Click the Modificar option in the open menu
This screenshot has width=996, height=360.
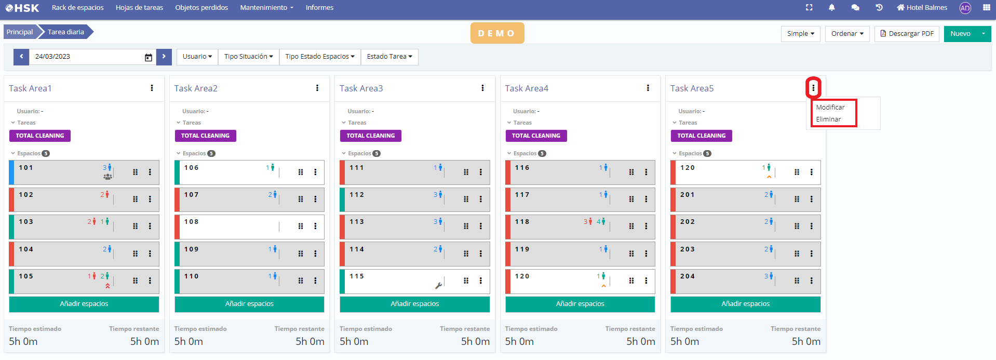coord(830,108)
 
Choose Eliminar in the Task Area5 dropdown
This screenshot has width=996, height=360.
coord(828,119)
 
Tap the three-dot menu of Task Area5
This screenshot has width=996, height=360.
coord(813,88)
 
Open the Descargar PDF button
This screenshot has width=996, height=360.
coord(907,34)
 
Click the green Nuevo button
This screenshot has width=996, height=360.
coord(960,34)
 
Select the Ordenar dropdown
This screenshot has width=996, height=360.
coord(847,34)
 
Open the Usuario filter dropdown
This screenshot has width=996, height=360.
coord(197,57)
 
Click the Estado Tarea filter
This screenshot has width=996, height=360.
coord(389,57)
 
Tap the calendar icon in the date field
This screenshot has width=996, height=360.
coord(149,57)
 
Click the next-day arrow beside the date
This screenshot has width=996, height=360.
coord(164,57)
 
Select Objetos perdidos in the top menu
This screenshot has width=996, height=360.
coord(201,8)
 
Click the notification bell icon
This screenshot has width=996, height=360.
coord(831,8)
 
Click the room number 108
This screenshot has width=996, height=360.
coord(192,222)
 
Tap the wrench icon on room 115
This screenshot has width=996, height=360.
coord(438,285)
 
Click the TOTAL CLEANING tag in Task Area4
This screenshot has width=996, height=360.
coord(536,136)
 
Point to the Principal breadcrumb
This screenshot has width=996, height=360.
coord(20,32)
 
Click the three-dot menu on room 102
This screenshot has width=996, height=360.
coord(150,199)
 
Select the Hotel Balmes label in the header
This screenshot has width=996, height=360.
coord(926,8)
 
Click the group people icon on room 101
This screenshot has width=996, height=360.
coord(107,177)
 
